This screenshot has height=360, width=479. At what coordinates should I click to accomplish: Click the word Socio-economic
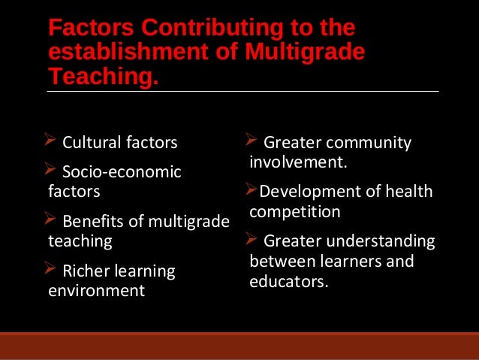coord(122,172)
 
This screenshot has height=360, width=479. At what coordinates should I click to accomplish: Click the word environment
coord(96,291)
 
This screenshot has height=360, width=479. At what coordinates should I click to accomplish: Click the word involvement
coord(297,162)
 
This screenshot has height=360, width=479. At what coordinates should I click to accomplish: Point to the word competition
coord(295,211)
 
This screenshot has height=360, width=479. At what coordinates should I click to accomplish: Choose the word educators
coord(289,282)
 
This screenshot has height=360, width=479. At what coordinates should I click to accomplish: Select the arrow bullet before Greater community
coord(253,141)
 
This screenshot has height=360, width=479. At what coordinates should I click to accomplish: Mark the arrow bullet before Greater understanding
coord(253,241)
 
